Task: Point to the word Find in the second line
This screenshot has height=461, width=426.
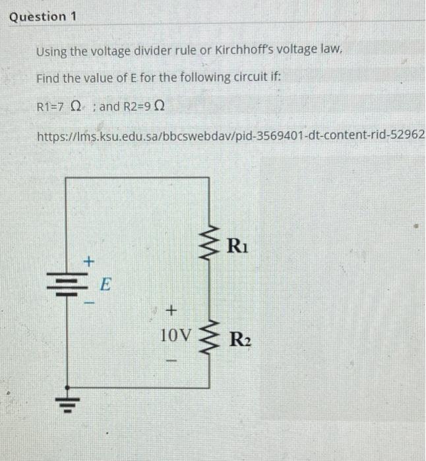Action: pos(47,78)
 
